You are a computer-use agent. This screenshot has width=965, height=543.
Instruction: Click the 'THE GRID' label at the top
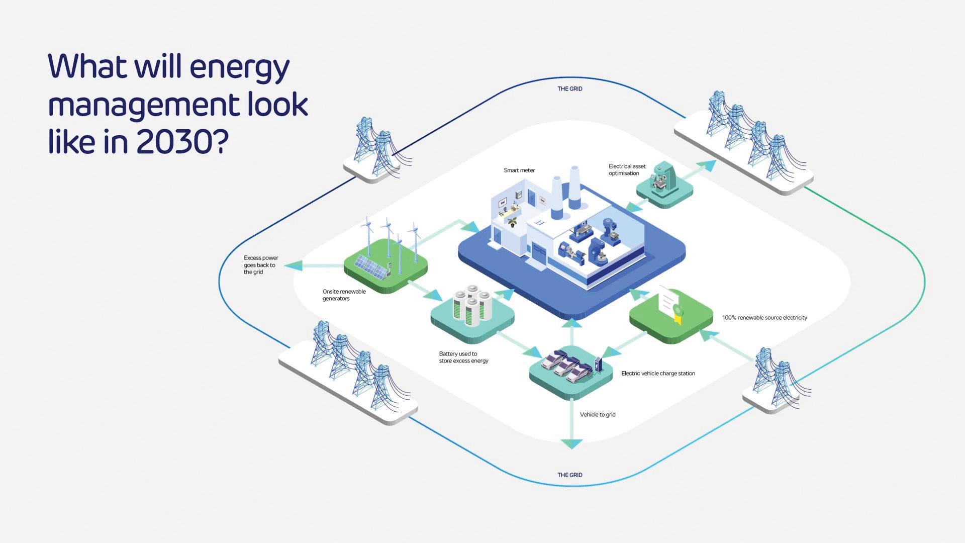point(569,89)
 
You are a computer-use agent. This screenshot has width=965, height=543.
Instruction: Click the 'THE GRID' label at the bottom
point(569,475)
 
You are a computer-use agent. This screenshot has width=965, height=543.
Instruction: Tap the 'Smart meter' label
point(519,170)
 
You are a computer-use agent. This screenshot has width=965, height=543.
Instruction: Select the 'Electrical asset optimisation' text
point(627,170)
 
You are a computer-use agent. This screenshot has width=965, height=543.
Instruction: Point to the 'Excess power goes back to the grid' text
point(260,265)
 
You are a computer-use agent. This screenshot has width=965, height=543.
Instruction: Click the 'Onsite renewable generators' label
point(344,295)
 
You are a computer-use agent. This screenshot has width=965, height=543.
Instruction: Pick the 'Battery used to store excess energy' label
point(463,357)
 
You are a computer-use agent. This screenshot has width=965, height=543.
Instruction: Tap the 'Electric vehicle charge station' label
point(658,374)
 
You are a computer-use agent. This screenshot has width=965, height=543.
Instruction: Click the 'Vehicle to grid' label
point(598,415)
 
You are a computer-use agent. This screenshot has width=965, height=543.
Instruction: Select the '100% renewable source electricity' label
point(764,318)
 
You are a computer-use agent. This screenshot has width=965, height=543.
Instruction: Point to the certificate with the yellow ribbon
point(671,304)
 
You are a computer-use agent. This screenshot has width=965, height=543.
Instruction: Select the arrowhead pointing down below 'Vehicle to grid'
point(571,443)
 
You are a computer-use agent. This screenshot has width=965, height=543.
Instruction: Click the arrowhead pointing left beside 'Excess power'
point(293,265)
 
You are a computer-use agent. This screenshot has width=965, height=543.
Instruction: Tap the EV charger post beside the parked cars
point(598,366)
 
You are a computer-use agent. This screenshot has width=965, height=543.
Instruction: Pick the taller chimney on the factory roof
point(574,187)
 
